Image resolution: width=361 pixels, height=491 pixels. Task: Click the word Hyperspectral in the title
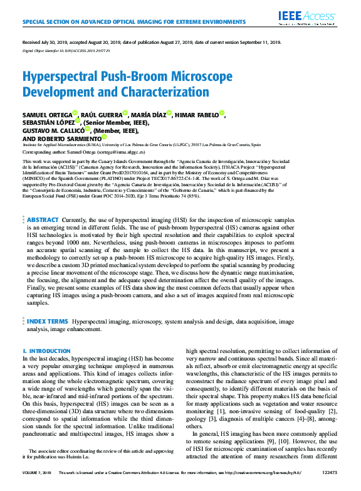[x=62, y=77]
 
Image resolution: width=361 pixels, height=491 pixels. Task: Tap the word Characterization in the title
[x=164, y=92]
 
